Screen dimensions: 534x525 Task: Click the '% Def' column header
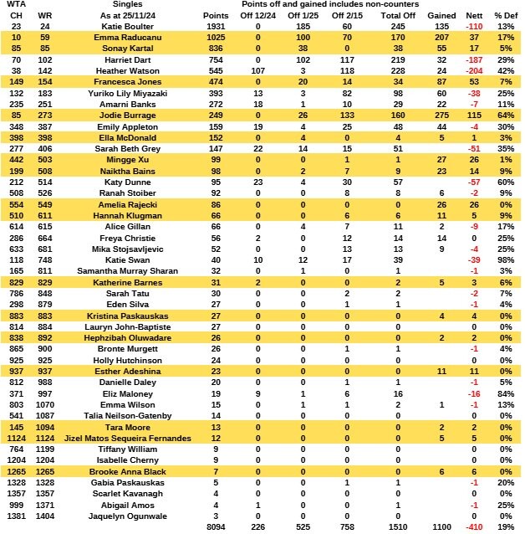tap(505, 16)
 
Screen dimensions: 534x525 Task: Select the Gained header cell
tap(441, 16)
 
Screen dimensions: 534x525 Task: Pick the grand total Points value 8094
tap(215, 528)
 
